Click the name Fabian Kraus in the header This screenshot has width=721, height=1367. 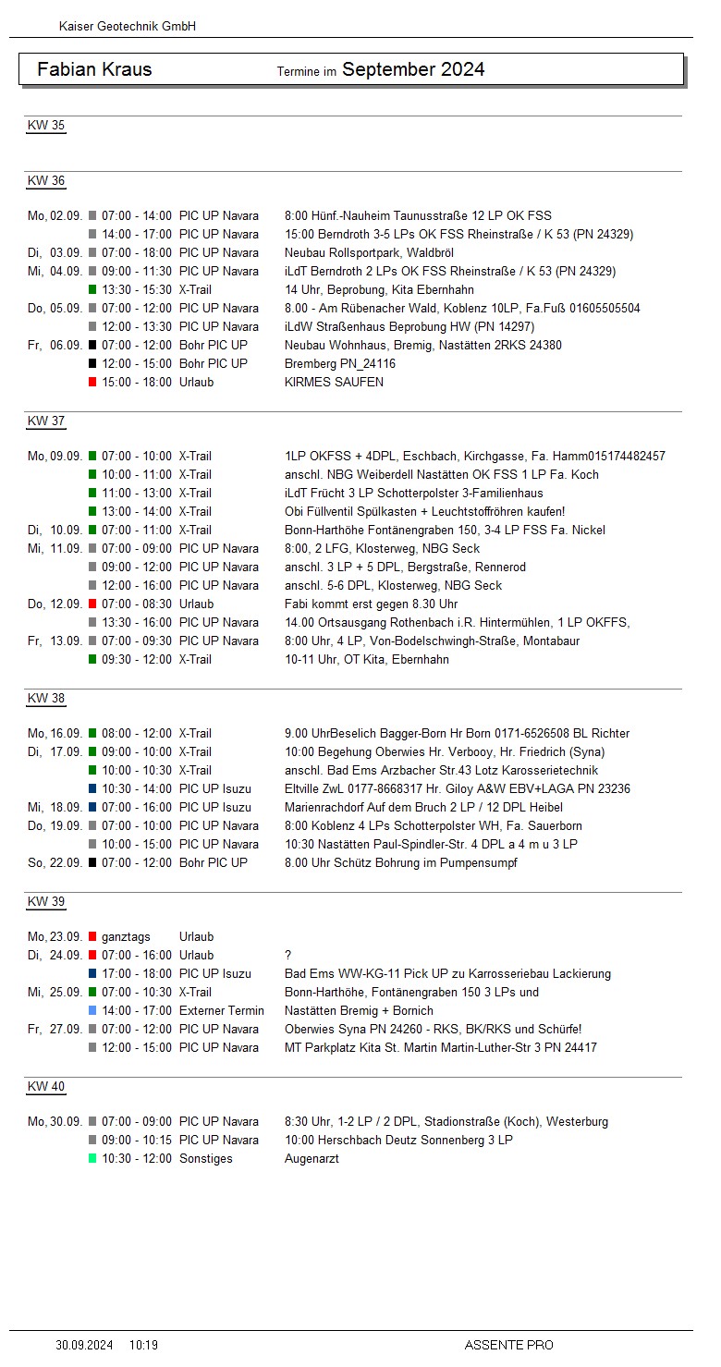coord(94,69)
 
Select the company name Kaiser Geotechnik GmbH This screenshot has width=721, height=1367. coord(127,27)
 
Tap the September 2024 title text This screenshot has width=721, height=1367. coord(413,69)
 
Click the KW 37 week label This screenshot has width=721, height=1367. coord(46,421)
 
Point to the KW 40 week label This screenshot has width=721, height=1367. coord(46,1086)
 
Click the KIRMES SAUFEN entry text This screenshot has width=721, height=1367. coord(334,382)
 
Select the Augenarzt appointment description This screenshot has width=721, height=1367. coord(312,1158)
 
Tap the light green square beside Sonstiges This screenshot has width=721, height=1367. coord(92,1158)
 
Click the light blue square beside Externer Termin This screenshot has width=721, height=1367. coord(92,1010)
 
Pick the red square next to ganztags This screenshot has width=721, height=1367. coord(92,936)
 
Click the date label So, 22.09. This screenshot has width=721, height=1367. coord(55,862)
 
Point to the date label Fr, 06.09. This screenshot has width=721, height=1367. coord(55,345)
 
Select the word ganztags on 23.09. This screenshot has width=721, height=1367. coord(126,936)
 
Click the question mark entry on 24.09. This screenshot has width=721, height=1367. coord(288,955)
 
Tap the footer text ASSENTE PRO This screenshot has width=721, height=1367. coord(508,1345)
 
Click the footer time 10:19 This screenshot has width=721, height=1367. coord(143,1345)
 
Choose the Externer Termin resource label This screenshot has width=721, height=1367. coord(221,1010)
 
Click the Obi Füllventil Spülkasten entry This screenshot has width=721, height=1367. coord(424,511)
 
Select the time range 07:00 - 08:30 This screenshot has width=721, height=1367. coord(137,604)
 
